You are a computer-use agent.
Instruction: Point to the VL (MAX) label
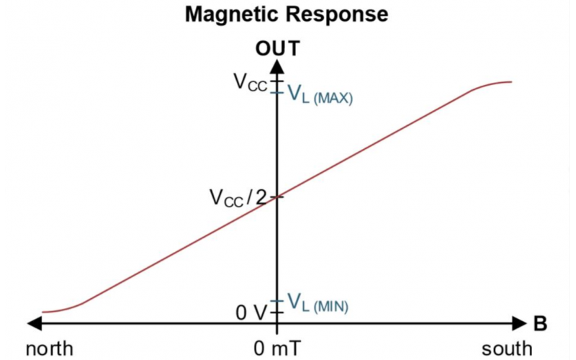tap(320, 94)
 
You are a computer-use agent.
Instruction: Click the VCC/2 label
tap(237, 197)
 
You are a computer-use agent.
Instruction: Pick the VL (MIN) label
tap(318, 303)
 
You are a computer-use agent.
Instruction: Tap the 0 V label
tap(251, 312)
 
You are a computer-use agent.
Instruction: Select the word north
tap(49, 349)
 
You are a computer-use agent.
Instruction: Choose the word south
tap(507, 349)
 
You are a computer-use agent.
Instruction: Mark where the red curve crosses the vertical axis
tap(276, 197)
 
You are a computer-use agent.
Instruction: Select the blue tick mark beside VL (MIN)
tap(276, 302)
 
